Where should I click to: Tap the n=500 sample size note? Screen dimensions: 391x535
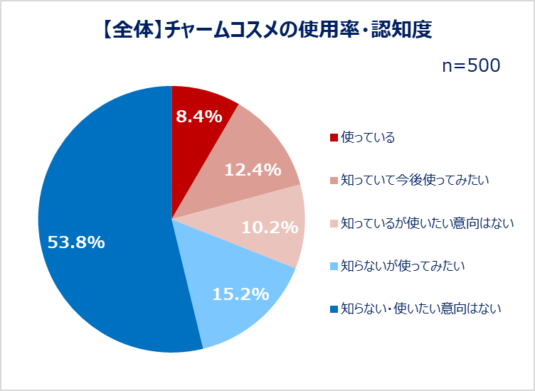pyautogui.click(x=471, y=65)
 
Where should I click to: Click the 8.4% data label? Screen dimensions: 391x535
pyautogui.click(x=199, y=117)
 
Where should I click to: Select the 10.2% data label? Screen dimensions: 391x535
pyautogui.click(x=269, y=227)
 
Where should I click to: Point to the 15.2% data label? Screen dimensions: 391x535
pyautogui.click(x=239, y=294)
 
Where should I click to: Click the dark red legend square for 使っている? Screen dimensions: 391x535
pyautogui.click(x=334, y=137)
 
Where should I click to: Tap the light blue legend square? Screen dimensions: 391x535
pyautogui.click(x=334, y=266)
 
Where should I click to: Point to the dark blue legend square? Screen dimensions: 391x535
pyautogui.click(x=334, y=309)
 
